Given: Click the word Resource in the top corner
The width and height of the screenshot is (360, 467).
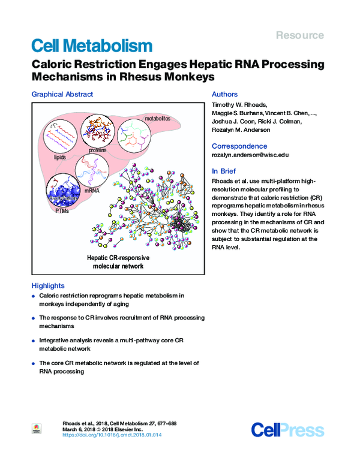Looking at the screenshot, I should tap(299, 35).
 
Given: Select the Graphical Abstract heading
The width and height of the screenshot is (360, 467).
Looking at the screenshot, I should tap(62, 94).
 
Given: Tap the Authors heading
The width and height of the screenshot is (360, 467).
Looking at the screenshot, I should tap(225, 94).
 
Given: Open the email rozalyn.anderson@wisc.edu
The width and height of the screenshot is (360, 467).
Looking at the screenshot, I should tap(250, 155).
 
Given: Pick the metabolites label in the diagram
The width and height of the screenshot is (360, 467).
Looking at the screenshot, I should tap(157, 119).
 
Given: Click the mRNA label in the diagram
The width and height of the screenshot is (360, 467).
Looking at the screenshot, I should tap(92, 191).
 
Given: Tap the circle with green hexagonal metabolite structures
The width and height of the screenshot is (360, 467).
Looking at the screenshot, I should tap(137, 135).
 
